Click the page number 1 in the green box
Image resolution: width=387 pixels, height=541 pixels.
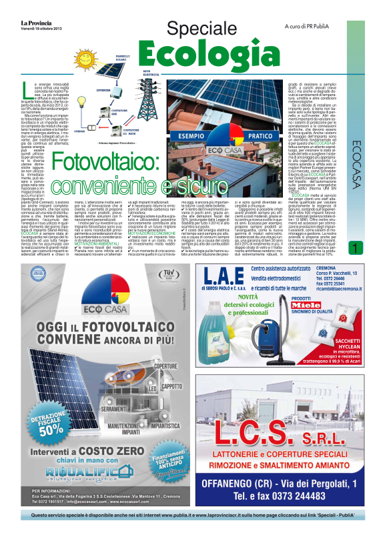click(374, 249)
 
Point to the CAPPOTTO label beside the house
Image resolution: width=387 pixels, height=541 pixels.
click(173, 386)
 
